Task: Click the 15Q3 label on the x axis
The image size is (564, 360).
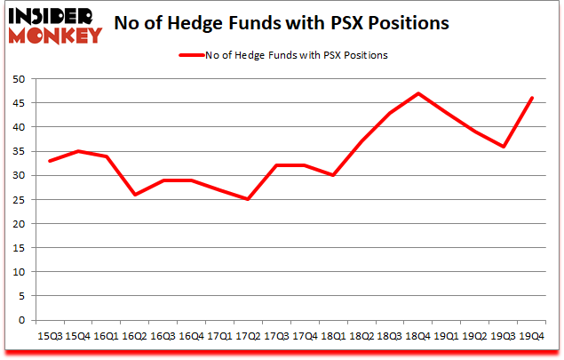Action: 50,338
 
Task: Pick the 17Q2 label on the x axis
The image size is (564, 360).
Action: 248,338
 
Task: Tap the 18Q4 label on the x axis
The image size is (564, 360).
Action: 418,338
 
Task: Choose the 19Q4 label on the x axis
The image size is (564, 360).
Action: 531,338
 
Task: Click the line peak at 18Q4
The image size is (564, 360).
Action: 418,93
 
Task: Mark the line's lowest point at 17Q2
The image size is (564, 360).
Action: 248,199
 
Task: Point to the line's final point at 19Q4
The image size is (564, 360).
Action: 531,98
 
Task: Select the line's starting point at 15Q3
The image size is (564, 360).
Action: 50,161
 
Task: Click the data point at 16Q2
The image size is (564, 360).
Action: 135,195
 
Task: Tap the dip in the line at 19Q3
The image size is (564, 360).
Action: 503,147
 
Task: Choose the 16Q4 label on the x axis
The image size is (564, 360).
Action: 191,338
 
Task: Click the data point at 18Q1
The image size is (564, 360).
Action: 333,175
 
